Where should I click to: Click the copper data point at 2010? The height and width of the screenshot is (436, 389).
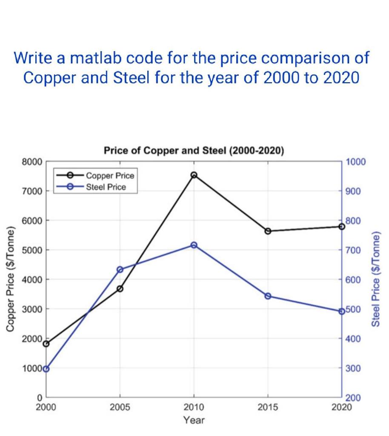(x=194, y=175)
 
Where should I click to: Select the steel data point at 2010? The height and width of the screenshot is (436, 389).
(x=194, y=245)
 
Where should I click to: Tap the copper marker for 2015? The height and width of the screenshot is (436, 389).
(x=268, y=231)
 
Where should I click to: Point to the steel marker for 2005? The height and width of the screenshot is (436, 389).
(x=120, y=270)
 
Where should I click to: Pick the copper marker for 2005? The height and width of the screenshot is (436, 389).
(x=120, y=289)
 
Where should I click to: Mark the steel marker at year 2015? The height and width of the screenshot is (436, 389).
(x=268, y=296)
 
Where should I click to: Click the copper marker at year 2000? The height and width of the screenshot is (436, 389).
(x=46, y=344)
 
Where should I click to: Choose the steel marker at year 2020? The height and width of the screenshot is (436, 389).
(x=341, y=311)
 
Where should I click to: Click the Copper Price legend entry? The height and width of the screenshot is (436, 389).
(x=110, y=175)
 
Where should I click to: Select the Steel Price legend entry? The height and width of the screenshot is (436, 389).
(x=106, y=186)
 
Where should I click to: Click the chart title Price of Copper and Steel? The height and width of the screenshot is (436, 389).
(x=194, y=151)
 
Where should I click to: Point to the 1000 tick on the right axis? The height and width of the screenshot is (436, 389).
(x=356, y=162)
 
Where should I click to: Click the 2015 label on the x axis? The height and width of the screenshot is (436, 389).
(x=268, y=407)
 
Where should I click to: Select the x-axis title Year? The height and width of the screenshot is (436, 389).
(x=194, y=420)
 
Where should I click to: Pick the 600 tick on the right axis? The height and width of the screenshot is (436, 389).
(x=354, y=280)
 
